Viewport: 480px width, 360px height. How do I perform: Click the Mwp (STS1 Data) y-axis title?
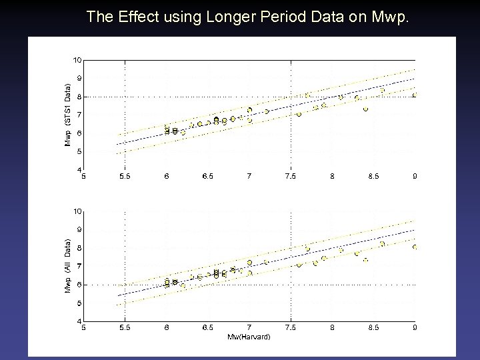pos(67,115)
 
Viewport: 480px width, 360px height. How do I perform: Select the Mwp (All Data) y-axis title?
pos(67,266)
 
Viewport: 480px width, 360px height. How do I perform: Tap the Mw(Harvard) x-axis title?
pos(249,337)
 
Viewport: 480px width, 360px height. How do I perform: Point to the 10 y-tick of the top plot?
pos(77,60)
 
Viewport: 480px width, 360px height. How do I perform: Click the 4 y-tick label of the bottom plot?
pos(79,322)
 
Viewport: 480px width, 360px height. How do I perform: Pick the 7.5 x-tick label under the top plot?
pos(291,177)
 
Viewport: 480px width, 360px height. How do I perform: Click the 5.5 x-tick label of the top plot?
pos(125,177)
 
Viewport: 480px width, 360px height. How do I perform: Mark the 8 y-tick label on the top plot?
pos(79,97)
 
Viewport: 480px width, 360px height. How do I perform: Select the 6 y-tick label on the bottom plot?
pos(79,285)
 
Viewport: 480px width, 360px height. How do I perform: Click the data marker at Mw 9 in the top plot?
pos(415,95)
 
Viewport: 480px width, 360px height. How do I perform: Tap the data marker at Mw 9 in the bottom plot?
pos(415,247)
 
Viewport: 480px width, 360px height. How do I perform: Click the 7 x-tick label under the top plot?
pos(249,177)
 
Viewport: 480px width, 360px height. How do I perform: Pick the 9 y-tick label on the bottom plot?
pos(79,230)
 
